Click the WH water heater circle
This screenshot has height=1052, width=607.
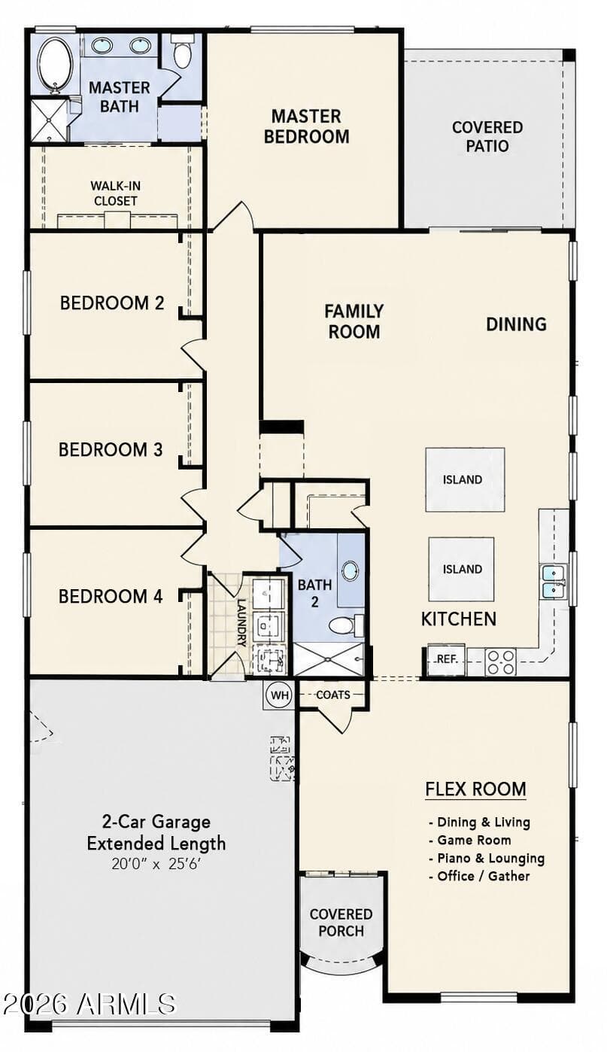coord(279,695)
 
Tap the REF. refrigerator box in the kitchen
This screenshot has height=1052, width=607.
coord(446,660)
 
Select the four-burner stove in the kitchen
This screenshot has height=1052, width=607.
coord(500,661)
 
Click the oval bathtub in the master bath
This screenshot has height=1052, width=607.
coord(56,65)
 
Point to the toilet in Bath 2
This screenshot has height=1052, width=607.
coord(345,625)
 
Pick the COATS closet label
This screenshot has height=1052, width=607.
coord(333,695)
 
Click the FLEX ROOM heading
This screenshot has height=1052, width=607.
coord(475,789)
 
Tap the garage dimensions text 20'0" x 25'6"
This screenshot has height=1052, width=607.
coord(156,864)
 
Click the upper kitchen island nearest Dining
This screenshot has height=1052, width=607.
coord(465,479)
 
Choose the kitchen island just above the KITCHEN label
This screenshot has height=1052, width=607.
coord(461,569)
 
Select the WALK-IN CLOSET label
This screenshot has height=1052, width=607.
coord(115,193)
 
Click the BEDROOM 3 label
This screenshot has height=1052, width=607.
coord(111,449)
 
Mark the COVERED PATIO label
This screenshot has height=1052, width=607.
coord(487,136)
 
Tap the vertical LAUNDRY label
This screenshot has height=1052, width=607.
coord(241,623)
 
